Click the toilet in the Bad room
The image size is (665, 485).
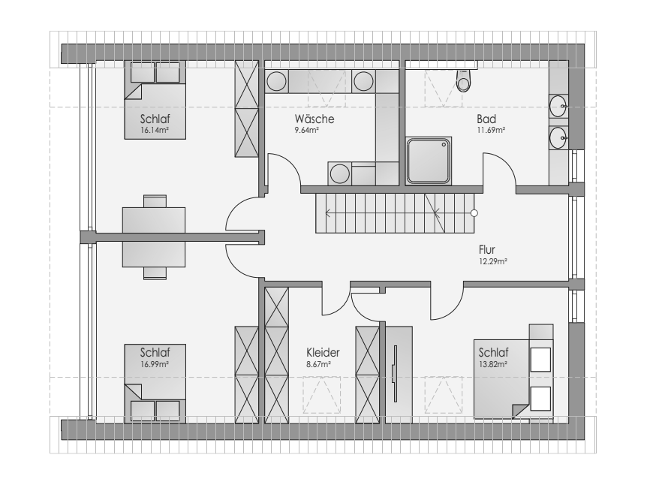[x=464, y=80]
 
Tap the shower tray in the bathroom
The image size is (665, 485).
[x=429, y=161]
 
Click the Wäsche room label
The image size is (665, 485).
[x=314, y=119]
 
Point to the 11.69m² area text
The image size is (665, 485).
[x=491, y=131]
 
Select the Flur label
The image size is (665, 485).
[x=487, y=249]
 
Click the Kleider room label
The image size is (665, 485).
[x=323, y=353]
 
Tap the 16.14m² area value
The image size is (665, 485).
[x=155, y=131]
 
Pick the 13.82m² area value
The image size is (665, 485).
[x=493, y=364]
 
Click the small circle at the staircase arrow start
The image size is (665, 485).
[x=474, y=213]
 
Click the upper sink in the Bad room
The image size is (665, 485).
[x=558, y=106]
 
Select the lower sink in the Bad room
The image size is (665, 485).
[x=558, y=137]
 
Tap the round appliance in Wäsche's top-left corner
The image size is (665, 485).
[x=276, y=81]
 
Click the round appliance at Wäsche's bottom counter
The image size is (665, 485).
[x=340, y=173]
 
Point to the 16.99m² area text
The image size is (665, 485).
[x=155, y=364]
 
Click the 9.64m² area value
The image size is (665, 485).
[x=307, y=131]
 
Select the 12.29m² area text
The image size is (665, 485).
[x=493, y=261]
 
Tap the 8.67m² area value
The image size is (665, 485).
[x=318, y=364]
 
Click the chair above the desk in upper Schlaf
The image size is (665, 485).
[x=155, y=201]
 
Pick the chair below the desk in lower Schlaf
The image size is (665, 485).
[x=155, y=273]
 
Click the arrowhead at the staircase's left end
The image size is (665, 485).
[x=328, y=213]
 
